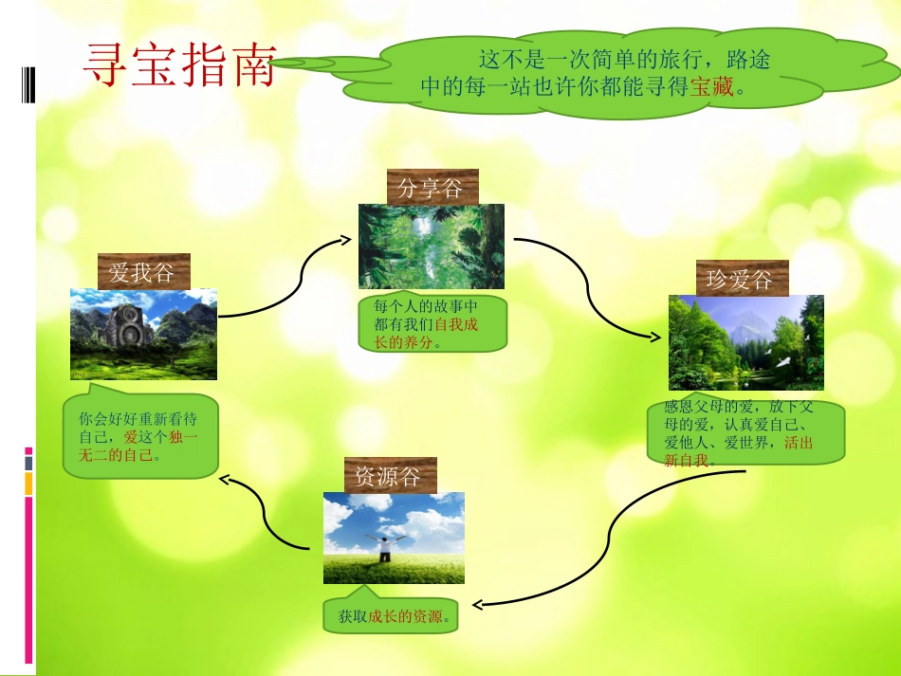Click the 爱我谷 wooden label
(142, 273)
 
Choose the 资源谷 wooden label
(388, 476)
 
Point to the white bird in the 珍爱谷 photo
(784, 360)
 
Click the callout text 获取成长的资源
(392, 617)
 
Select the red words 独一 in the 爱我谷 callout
(183, 437)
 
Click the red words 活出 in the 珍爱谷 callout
(798, 443)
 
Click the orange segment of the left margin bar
(28, 484)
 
